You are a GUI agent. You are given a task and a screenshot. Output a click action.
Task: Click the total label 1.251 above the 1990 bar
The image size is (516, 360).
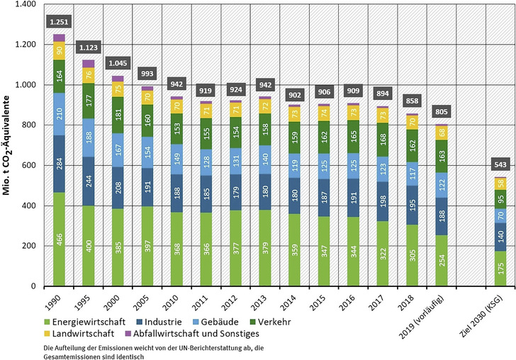(59, 22)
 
